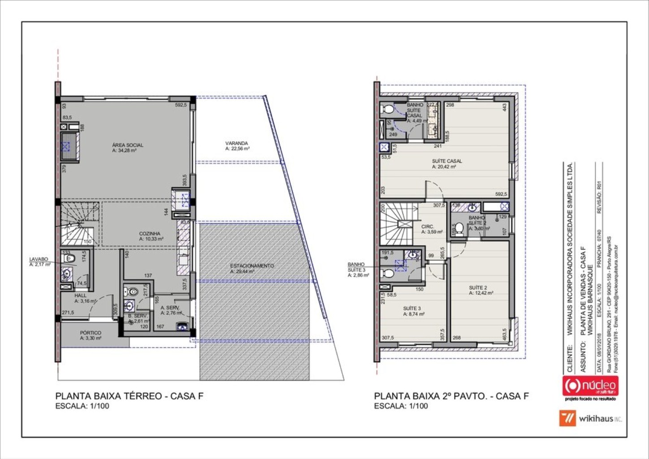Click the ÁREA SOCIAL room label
[x=128, y=145]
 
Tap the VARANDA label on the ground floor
[x=237, y=143]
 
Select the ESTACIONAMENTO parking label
[x=252, y=266]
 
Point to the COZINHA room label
[x=150, y=234]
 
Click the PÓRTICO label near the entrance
[x=91, y=333]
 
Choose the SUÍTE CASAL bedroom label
[x=446, y=161]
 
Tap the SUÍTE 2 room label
[x=478, y=288]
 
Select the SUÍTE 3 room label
[x=412, y=308]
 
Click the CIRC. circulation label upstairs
[x=428, y=227]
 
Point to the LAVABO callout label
[x=39, y=260]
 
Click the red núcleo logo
[x=590, y=385]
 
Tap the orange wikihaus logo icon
[x=567, y=419]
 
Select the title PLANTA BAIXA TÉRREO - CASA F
[x=130, y=396]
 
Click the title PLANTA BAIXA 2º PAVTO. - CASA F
[x=451, y=396]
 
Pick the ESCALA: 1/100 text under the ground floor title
[x=82, y=406]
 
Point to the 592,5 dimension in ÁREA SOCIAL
[x=181, y=105]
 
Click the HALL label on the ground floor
[x=81, y=296]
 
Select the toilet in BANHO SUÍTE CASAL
[x=387, y=109]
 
